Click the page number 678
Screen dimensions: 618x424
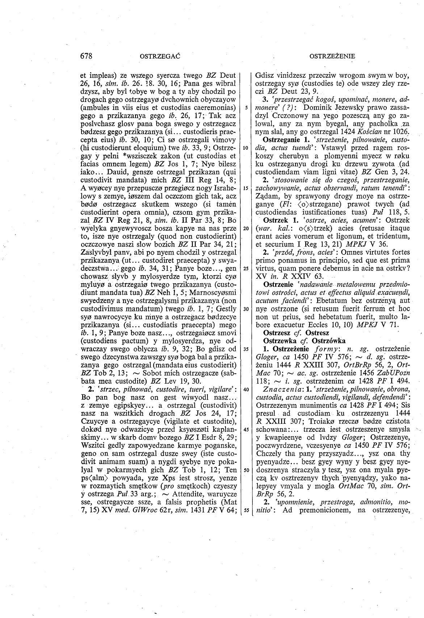pyautogui.click(x=87, y=56)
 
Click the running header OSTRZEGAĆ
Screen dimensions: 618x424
pyautogui.click(x=160, y=56)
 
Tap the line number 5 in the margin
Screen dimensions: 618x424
pyautogui.click(x=246, y=107)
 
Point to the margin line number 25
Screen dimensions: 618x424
pyautogui.click(x=246, y=269)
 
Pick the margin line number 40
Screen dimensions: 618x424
pyautogui.click(x=246, y=389)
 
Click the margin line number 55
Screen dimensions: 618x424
pyautogui.click(x=246, y=510)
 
